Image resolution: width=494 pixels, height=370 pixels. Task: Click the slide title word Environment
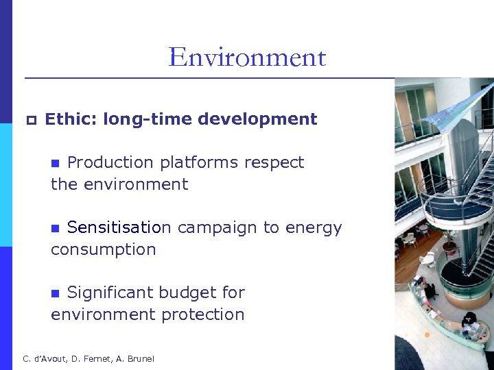pyautogui.click(x=247, y=57)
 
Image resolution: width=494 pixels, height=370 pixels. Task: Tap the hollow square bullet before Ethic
pyautogui.click(x=30, y=121)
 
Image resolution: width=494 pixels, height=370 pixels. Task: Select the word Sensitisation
pyautogui.click(x=119, y=227)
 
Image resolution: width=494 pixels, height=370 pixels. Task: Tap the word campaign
pyautogui.click(x=217, y=228)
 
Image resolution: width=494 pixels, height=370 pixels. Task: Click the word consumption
pyautogui.click(x=104, y=249)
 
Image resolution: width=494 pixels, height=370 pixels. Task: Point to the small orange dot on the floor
pyautogui.click(x=426, y=335)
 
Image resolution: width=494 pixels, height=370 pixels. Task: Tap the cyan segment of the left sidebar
pyautogui.click(x=6, y=185)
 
